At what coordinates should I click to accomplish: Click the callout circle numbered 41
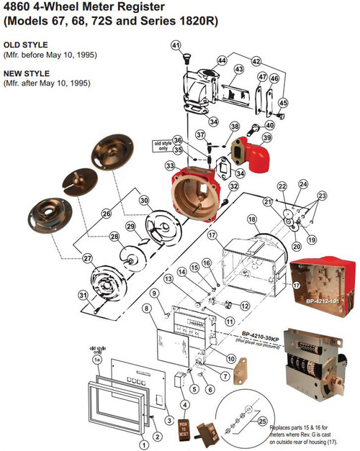[175, 45]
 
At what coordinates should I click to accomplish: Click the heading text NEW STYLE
[25, 73]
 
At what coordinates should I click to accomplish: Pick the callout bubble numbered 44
[222, 60]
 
